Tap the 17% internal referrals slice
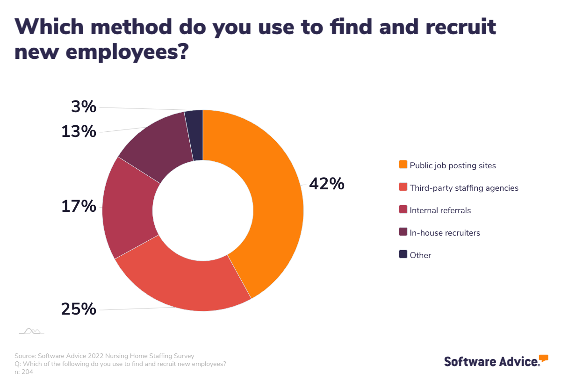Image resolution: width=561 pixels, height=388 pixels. click(129, 208)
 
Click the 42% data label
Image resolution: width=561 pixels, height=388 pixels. click(326, 184)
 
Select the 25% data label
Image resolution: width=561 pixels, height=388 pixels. click(79, 309)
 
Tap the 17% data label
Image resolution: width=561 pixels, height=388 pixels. click(79, 206)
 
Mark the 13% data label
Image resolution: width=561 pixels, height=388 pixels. click(79, 132)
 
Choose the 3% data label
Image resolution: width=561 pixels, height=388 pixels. click(84, 107)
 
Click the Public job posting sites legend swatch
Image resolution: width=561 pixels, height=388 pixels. click(403, 165)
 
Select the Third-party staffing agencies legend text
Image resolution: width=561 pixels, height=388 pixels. click(464, 188)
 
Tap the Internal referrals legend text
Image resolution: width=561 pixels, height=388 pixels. click(440, 210)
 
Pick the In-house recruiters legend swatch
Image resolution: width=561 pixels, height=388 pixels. click(403, 232)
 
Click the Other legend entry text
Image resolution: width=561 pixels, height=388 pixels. click(420, 255)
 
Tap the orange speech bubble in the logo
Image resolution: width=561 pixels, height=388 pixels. click(543, 359)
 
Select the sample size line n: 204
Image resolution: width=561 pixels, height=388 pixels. click(24, 372)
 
